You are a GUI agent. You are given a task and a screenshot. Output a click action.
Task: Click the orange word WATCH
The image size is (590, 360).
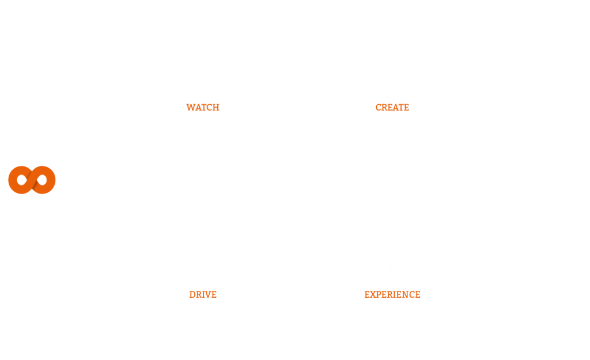[x=203, y=107]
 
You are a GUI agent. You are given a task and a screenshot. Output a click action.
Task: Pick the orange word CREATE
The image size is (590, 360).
[x=392, y=107]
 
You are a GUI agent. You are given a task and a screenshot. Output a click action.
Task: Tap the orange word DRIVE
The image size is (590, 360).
[x=203, y=294]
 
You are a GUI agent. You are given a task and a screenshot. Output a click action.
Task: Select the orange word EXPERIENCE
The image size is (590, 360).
[x=392, y=294]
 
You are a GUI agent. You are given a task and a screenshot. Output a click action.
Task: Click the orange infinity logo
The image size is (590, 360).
[x=32, y=180]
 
